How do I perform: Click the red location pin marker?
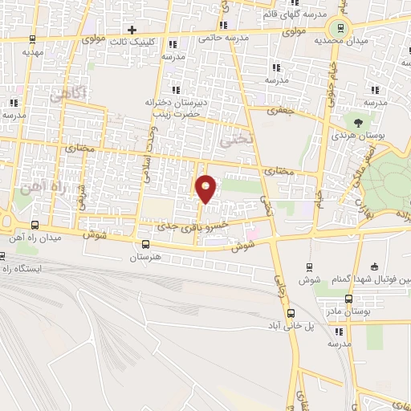(x=206, y=188)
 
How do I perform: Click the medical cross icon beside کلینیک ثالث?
(x=142, y=29)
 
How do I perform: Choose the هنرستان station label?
(x=145, y=258)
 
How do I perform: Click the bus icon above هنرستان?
(x=145, y=245)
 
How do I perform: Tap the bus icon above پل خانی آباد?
(x=291, y=314)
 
